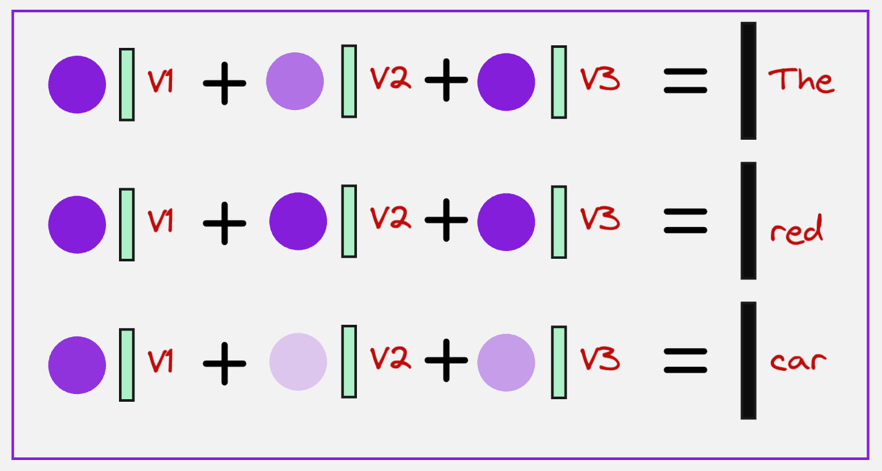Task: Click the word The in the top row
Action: (801, 81)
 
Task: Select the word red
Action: (797, 230)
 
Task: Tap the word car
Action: (798, 361)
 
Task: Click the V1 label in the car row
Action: (160, 361)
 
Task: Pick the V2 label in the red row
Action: (390, 219)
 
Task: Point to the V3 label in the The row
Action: (599, 79)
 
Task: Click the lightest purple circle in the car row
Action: (298, 362)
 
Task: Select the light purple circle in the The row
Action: (295, 82)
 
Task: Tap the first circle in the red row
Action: (77, 224)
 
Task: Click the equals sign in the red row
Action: (685, 221)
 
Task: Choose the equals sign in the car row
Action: (685, 361)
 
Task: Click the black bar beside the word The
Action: (748, 81)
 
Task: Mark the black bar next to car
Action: (748, 360)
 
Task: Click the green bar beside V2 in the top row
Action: (349, 81)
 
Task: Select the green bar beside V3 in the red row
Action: (559, 222)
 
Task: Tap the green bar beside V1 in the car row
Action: (127, 365)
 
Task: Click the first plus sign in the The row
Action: (224, 83)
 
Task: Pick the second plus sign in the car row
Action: (446, 361)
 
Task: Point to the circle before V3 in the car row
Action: (506, 362)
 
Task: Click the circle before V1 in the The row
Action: (77, 84)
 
